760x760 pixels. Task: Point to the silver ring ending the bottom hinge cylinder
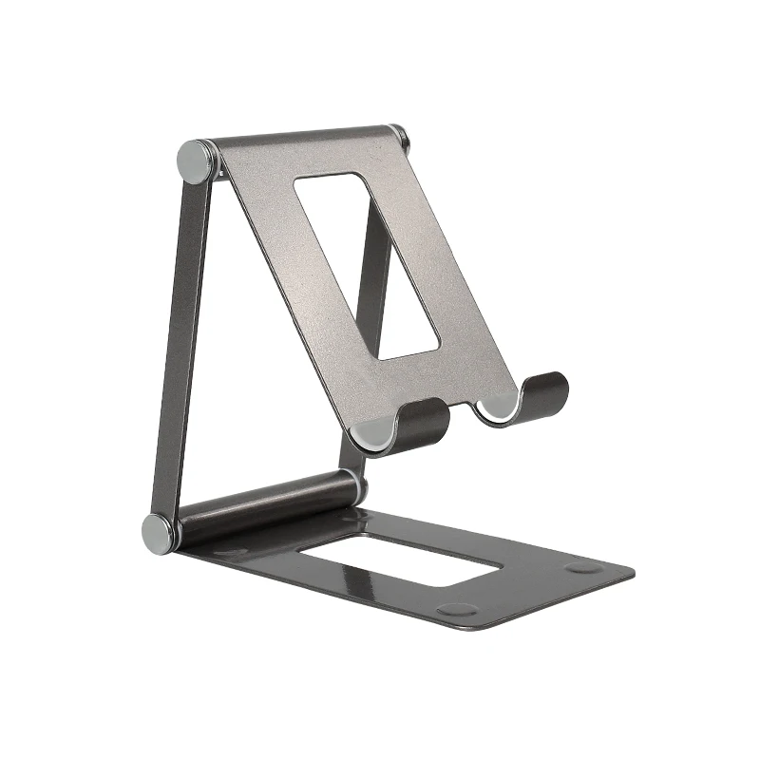click(357, 487)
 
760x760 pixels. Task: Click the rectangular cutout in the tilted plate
click(366, 265)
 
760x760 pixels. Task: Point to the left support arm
click(180, 342)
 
